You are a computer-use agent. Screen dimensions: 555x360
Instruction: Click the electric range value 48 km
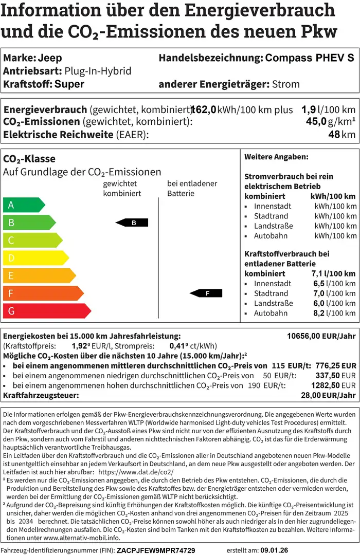point(342,135)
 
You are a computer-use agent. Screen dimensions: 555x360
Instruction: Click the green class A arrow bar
point(24,205)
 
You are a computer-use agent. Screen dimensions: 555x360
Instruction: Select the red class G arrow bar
point(46,310)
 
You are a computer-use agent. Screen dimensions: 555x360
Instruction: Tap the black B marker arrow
point(132,223)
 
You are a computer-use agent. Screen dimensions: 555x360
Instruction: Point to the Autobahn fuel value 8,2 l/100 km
point(334,313)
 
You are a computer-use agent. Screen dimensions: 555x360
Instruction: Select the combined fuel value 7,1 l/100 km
point(333,273)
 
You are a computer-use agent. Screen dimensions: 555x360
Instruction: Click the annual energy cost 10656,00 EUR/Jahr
point(321,336)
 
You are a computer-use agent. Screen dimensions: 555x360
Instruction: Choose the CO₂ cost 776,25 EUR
point(333,365)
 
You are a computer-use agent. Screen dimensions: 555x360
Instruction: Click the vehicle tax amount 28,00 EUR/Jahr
point(328,395)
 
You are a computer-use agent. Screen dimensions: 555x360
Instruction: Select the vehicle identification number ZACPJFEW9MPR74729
point(156,550)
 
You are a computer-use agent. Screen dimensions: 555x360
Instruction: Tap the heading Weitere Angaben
point(276,157)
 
